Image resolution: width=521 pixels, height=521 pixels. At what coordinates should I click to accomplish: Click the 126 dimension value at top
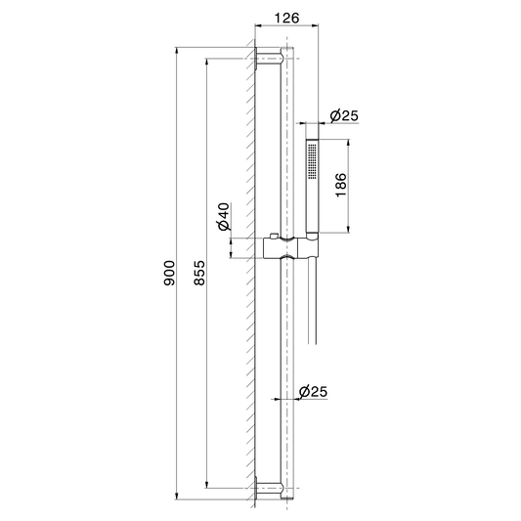286,18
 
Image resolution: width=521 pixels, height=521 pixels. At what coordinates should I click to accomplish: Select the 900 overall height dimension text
169,273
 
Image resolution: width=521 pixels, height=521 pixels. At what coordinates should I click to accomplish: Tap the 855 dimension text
199,273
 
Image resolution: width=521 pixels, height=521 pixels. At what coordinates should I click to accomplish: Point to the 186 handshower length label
341,185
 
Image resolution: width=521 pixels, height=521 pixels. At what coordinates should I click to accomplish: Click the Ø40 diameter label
224,216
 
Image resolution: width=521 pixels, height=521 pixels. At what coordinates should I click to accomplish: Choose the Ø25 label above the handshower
344,115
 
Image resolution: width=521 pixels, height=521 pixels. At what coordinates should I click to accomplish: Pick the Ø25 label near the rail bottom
313,391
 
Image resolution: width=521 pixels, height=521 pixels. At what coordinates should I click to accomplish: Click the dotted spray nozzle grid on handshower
312,161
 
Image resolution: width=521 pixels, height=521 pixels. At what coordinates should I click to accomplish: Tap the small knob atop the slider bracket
274,236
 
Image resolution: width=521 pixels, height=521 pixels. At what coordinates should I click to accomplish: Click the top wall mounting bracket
269,59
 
